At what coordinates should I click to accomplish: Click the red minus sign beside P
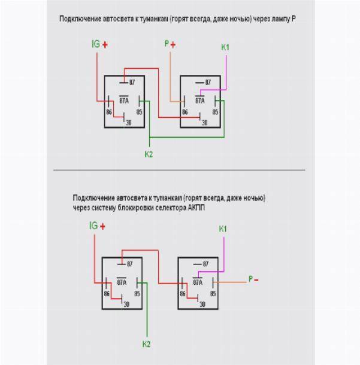coord(256,279)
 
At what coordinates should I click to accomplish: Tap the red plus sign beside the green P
coord(173,44)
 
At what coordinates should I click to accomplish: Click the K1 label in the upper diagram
coord(225,47)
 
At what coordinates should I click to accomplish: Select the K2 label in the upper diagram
coord(149,154)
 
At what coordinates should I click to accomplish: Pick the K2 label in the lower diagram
coord(146,344)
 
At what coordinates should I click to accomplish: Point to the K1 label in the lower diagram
coord(223,229)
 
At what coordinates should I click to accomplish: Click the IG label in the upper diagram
coord(95,44)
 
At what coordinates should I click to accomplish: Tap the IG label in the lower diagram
coord(93,226)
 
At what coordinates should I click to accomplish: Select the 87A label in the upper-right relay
coord(199,101)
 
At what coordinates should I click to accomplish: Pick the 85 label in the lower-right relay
coord(213,293)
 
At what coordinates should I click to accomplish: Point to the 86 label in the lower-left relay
coord(107,293)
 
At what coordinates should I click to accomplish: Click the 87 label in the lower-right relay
coord(205,263)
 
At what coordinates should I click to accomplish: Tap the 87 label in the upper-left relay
coord(131,81)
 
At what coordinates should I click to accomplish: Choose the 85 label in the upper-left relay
coord(139,111)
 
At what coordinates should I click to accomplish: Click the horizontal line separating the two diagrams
coord(180,170)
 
